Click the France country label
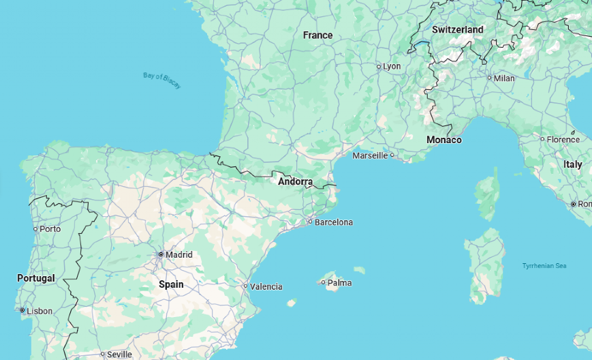click(x=317, y=35)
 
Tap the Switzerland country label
click(x=457, y=29)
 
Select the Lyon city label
click(x=392, y=66)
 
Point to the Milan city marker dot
click(x=489, y=78)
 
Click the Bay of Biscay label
click(x=162, y=80)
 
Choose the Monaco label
click(x=443, y=140)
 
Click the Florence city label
click(x=563, y=139)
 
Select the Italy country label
click(x=572, y=164)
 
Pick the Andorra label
click(x=295, y=182)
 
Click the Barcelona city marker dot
click(x=310, y=222)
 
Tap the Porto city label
click(x=50, y=228)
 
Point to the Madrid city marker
click(x=161, y=254)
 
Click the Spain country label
click(x=171, y=284)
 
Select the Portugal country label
click(x=35, y=278)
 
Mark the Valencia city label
click(x=266, y=286)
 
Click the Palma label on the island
click(x=339, y=282)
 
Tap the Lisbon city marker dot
click(x=22, y=310)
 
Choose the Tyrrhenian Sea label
click(x=544, y=265)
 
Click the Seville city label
click(x=119, y=355)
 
